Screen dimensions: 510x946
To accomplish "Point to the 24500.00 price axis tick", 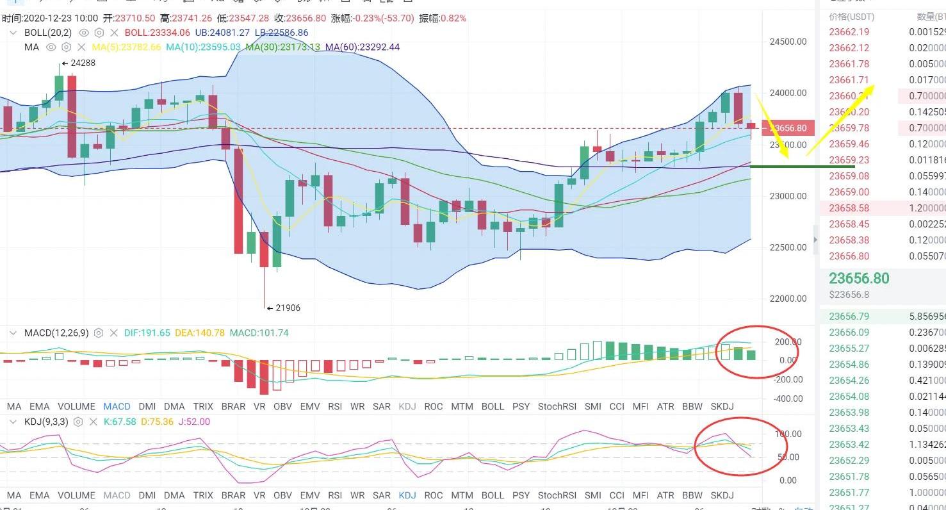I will coord(788,42).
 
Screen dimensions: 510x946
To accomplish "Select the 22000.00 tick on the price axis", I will coord(788,298).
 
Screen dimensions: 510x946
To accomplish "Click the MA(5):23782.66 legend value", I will coord(126,47).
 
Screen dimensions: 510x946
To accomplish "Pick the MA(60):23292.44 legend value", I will coord(362,47).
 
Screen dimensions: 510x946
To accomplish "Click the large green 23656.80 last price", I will coord(859,279).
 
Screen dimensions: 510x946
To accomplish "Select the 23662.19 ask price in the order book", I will coord(849,32).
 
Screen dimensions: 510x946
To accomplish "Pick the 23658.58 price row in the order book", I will coord(849,208).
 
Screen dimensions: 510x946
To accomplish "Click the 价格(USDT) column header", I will coord(851,17).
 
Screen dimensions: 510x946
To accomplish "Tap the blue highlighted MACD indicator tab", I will coord(117,406).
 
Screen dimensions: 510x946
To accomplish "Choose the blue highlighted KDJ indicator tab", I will coord(407,495).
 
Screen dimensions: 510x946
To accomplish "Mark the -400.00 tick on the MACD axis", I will coord(788,399).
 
